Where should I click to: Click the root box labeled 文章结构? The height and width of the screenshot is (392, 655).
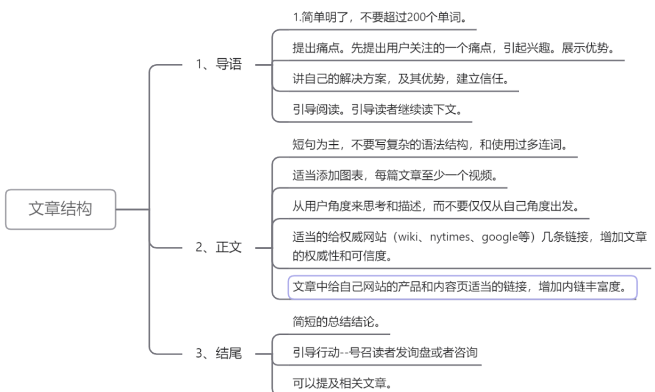[61, 210]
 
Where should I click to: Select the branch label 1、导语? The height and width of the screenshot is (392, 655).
[218, 65]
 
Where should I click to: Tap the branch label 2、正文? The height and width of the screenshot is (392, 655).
[218, 248]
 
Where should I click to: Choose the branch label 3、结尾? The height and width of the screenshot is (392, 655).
[218, 354]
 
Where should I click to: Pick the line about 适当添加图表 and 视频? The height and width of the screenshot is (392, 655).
[394, 175]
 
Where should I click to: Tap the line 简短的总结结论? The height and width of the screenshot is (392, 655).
[337, 321]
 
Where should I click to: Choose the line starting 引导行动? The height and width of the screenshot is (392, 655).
[385, 353]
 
